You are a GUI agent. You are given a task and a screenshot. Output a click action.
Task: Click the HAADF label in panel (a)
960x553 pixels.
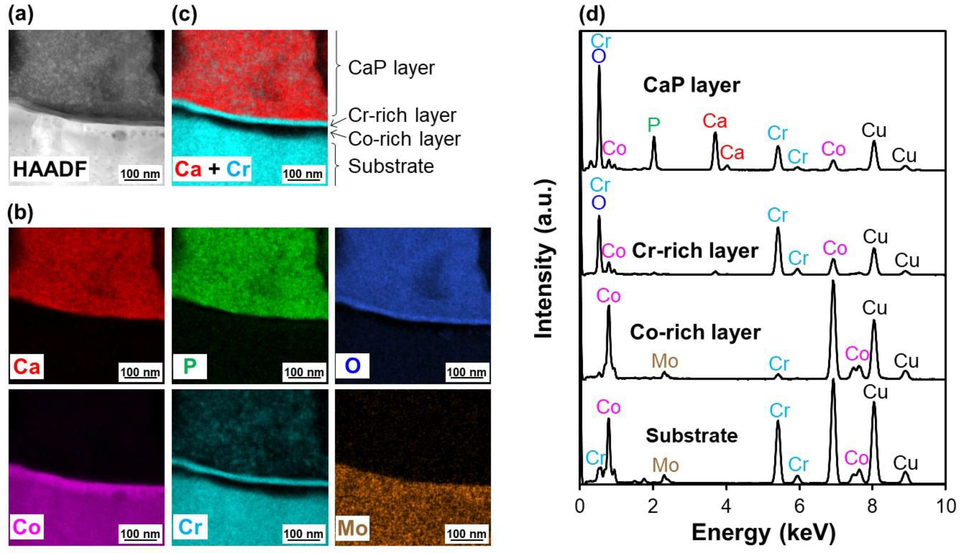(49, 169)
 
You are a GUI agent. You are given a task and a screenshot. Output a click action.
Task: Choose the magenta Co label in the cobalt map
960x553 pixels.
(26, 528)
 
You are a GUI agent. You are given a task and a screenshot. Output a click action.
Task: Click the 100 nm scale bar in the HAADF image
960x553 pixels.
(140, 175)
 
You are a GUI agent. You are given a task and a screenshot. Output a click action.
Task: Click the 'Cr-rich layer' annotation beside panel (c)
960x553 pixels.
(402, 115)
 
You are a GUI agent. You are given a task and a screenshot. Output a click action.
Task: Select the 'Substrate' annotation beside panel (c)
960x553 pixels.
(391, 166)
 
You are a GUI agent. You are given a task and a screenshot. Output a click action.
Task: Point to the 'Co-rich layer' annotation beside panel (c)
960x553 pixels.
(404, 139)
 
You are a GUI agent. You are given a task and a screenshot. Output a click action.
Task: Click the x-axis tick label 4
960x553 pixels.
(726, 506)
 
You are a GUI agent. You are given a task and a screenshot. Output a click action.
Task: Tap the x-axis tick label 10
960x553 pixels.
(945, 506)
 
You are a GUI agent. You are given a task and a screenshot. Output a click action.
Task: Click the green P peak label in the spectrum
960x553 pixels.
(653, 125)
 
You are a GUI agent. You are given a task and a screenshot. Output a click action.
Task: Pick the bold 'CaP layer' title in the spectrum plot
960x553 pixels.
(691, 85)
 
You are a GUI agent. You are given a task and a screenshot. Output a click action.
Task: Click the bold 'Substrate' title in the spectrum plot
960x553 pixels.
(691, 436)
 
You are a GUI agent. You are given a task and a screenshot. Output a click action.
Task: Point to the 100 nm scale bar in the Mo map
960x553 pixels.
(466, 535)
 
